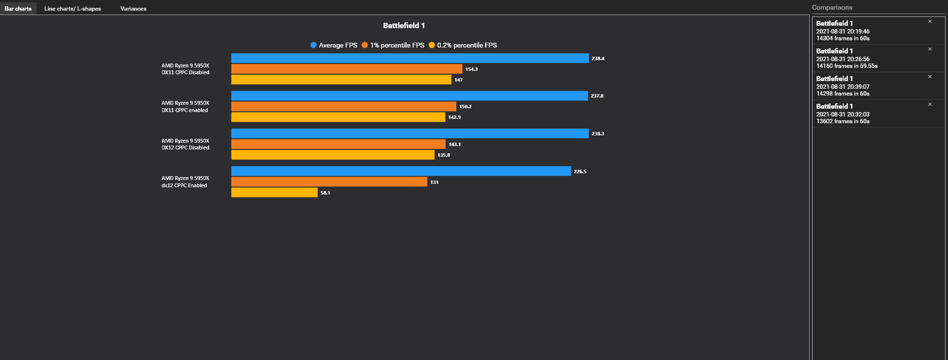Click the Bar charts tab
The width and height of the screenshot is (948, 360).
[18, 9]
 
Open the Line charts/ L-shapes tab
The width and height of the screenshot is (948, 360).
[72, 9]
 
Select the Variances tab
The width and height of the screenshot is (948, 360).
[133, 9]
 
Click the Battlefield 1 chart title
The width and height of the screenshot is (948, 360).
[403, 26]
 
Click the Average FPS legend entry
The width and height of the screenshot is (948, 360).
[334, 45]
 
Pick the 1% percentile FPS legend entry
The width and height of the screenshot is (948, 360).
[393, 45]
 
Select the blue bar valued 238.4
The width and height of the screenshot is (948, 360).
[410, 58]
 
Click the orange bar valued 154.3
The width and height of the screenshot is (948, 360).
[347, 69]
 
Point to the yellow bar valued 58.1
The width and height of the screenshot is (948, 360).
[274, 193]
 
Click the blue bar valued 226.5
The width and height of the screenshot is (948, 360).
[401, 171]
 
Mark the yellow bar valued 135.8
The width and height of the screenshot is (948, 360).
[333, 155]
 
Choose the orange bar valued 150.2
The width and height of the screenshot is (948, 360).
[344, 106]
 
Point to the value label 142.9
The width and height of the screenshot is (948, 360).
[454, 117]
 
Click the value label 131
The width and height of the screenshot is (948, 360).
[434, 182]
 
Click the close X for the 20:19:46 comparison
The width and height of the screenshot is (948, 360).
[930, 21]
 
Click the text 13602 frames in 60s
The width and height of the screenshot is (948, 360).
[843, 121]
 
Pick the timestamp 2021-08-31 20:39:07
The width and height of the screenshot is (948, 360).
[843, 87]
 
